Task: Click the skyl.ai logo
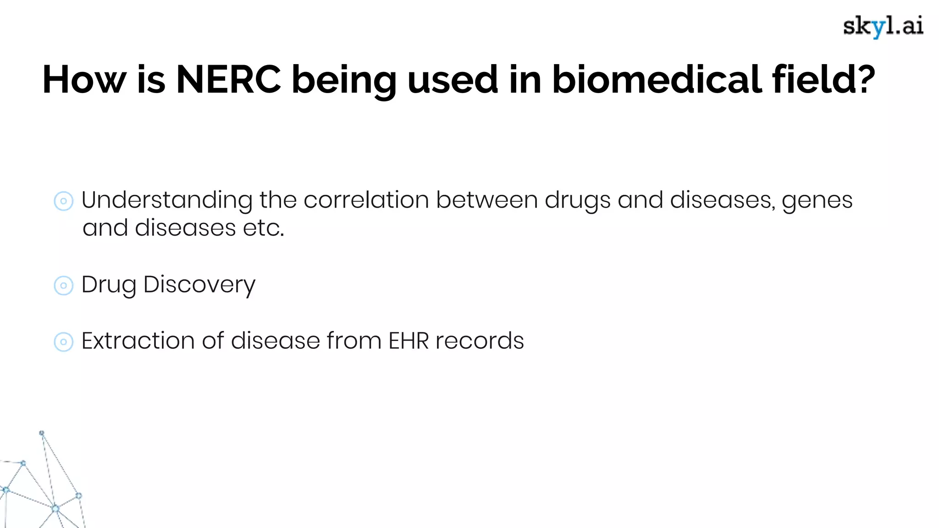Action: [x=883, y=27]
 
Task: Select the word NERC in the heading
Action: [x=228, y=79]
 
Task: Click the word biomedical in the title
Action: [x=657, y=79]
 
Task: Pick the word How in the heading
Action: [x=84, y=79]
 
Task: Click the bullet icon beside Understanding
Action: [x=63, y=201]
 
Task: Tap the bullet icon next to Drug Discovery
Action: [x=63, y=286]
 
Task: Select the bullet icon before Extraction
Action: [x=63, y=342]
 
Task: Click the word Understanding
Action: [x=166, y=201]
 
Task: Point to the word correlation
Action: [x=366, y=200]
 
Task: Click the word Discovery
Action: [x=199, y=285]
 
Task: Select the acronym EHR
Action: [x=408, y=341]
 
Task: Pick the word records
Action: [x=480, y=341]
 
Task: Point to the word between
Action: [x=486, y=200]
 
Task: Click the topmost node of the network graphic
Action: [x=42, y=433]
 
